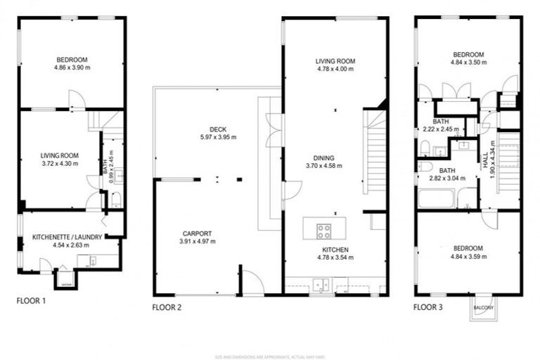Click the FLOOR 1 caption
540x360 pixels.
point(31,300)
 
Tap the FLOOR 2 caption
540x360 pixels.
point(167,307)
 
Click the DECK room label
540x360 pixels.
point(217,129)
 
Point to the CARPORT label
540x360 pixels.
point(197,233)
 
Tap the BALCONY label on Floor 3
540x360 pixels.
point(483,308)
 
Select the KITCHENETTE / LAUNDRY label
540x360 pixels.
point(67,238)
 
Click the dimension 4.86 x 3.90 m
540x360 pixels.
point(72,67)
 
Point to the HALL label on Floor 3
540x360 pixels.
point(485,162)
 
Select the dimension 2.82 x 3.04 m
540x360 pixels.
point(448,179)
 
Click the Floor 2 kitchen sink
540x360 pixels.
point(323,285)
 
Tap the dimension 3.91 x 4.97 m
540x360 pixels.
point(197,242)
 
